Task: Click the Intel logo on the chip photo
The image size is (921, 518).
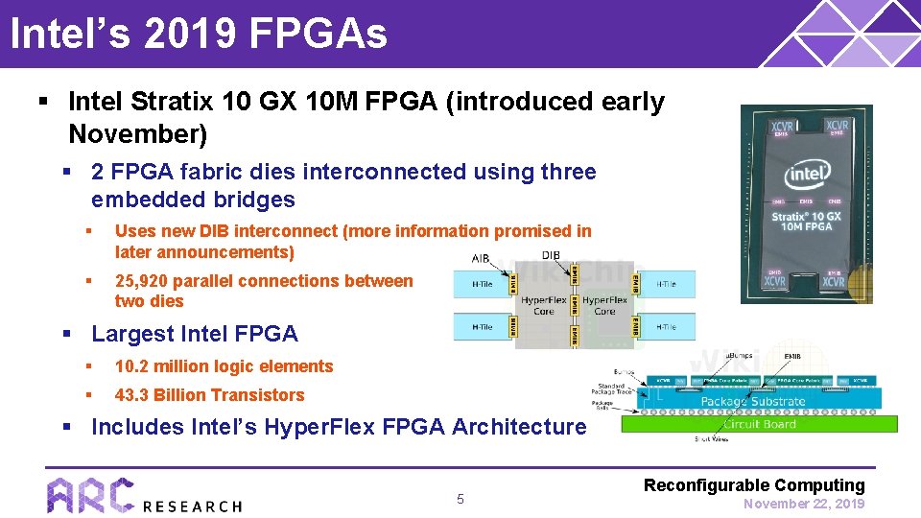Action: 807,176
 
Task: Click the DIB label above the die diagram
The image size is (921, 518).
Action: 551,255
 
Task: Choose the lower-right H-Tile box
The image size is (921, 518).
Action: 666,327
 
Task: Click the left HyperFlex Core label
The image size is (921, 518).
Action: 544,305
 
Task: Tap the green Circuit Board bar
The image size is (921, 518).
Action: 758,423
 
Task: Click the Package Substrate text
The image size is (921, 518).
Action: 753,401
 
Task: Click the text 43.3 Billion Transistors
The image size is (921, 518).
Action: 209,395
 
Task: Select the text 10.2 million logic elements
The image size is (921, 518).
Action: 224,366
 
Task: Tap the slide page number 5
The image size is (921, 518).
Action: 460,499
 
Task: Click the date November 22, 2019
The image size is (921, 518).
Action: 804,504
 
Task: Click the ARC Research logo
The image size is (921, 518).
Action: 144,495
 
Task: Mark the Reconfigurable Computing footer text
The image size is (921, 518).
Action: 754,485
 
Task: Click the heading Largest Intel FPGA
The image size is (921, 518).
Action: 194,334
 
